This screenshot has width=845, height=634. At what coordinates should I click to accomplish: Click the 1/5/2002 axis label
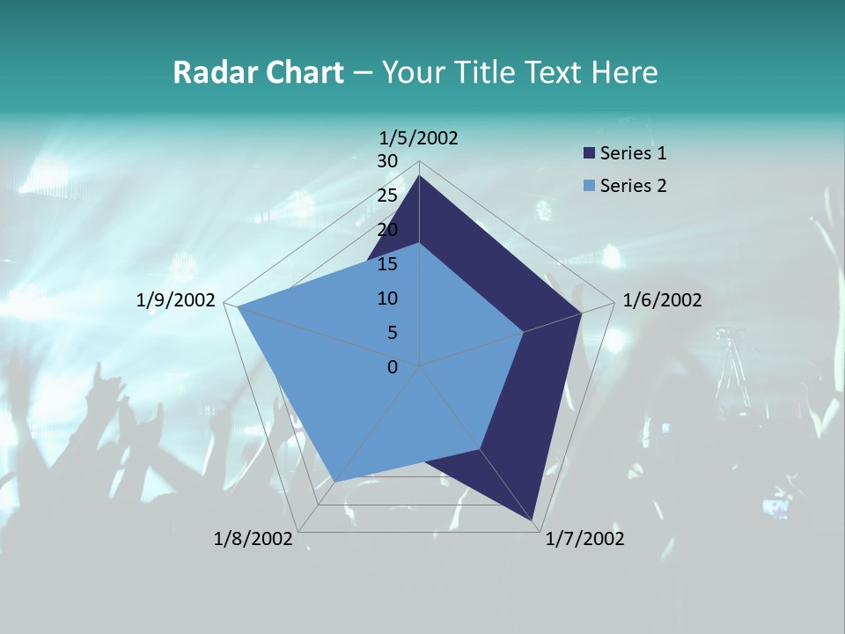coord(419,138)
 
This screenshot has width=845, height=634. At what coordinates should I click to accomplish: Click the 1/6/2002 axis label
coord(662,300)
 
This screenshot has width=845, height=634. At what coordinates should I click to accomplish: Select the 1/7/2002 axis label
coord(584,539)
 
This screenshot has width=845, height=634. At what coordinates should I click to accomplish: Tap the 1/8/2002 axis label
coord(253,539)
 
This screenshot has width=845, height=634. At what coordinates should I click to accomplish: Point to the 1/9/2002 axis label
coord(176,300)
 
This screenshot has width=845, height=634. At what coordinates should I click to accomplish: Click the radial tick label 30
coord(387,161)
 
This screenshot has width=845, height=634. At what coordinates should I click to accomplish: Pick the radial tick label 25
coord(387,195)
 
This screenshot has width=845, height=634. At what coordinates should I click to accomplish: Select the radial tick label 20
coord(387,230)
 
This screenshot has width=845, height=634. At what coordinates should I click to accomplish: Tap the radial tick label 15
coord(387,264)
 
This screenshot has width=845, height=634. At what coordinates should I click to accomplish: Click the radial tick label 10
coord(387,299)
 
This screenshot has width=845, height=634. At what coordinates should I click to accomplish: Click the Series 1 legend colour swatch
coord(589,153)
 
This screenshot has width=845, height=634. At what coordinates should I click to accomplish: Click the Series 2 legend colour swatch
coord(589,186)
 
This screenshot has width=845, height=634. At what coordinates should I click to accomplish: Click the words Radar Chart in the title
coord(258,72)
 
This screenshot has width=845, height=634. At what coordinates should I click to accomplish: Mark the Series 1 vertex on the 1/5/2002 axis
coord(419,175)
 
